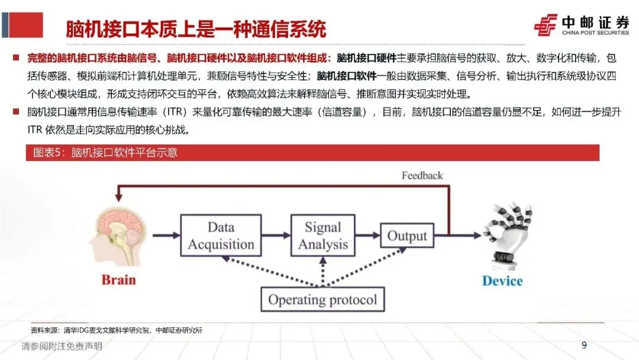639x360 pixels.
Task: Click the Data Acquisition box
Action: click(221, 236)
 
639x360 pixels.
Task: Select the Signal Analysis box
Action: click(323, 236)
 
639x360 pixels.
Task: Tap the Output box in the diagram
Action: click(406, 236)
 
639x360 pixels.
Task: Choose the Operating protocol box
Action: click(322, 299)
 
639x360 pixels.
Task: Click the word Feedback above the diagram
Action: click(422, 175)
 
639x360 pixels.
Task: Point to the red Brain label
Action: click(118, 279)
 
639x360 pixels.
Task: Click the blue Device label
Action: click(502, 281)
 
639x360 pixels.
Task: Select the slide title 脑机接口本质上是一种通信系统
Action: click(196, 29)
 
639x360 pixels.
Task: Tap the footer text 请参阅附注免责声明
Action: click(62, 346)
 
